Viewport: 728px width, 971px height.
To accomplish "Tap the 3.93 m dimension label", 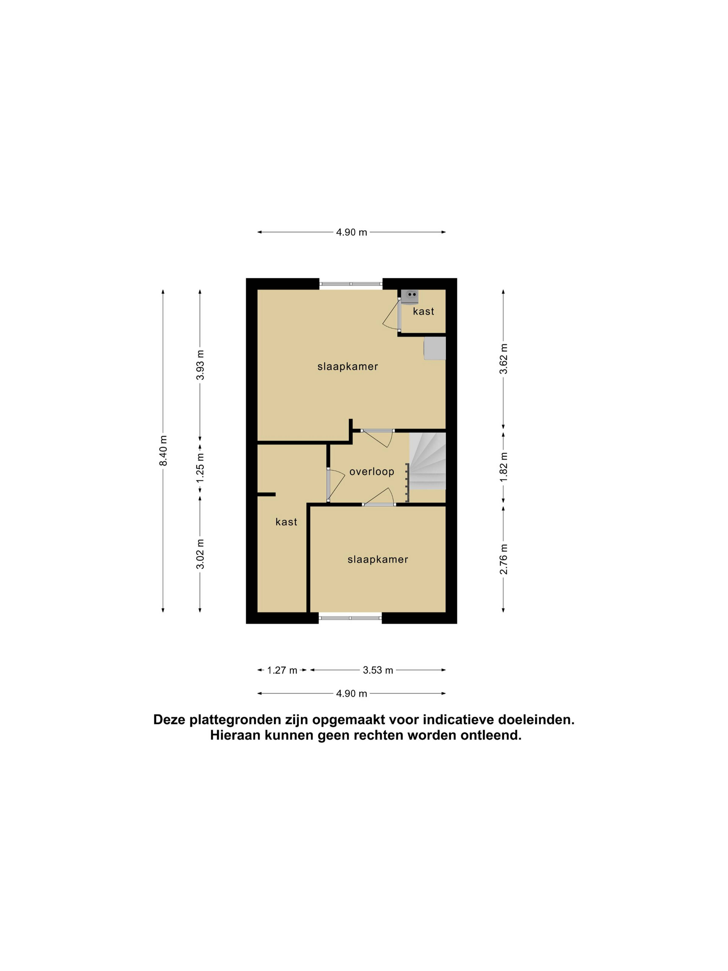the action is click(200, 365).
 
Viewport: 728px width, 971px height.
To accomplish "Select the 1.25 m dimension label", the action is click(200, 467).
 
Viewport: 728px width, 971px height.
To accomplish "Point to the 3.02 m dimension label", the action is click(200, 554).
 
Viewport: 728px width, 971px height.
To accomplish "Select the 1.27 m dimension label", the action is click(282, 670).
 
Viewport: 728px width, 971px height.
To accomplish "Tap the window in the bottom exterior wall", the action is click(350, 618).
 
